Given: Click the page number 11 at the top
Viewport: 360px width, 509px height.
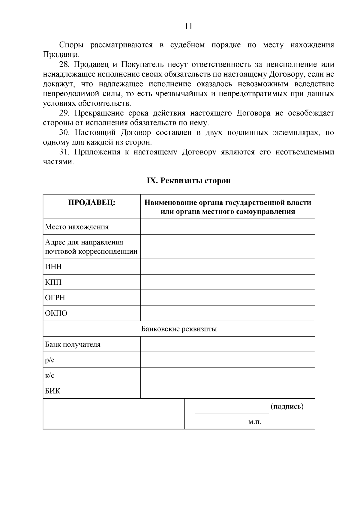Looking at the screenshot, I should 188,26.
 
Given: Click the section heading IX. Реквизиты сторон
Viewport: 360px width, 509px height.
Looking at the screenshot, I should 188,181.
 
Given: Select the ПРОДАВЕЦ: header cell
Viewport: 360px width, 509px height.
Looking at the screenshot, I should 92,202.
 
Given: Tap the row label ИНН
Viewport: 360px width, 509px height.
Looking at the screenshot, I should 53,267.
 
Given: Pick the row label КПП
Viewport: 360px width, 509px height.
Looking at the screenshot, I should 53,282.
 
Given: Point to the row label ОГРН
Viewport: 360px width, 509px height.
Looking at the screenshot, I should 55,298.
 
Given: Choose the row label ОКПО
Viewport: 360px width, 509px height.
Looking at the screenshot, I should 56,313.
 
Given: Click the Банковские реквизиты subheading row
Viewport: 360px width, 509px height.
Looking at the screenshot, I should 179,329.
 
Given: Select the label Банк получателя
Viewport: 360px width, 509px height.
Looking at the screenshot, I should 73,344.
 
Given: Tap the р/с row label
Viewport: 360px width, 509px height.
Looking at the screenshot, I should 50,360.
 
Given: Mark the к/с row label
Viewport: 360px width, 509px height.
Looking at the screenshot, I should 50,376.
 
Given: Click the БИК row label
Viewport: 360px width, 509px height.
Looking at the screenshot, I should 52,391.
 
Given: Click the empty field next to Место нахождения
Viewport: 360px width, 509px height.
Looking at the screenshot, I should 227,227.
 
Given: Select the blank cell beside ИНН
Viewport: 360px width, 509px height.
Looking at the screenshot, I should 227,267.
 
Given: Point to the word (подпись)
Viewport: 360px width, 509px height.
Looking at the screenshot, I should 287,407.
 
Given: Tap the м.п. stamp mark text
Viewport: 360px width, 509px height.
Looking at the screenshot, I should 255,422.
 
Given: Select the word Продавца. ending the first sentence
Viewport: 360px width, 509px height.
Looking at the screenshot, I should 61,55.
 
